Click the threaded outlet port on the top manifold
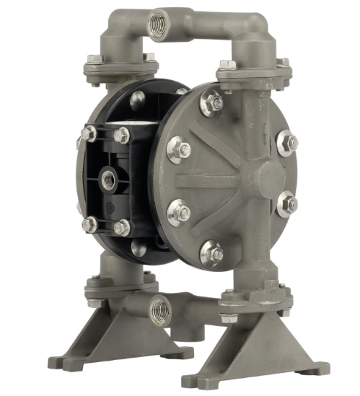click(x=158, y=25)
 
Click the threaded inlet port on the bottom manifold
click(x=159, y=309)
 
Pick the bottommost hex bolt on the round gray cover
click(x=211, y=252)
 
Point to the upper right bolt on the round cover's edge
click(x=286, y=141)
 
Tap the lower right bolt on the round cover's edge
click(x=286, y=205)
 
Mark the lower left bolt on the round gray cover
click(x=178, y=213)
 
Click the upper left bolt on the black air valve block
click(x=88, y=133)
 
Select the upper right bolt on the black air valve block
click(x=121, y=135)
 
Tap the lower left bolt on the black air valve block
click(x=89, y=224)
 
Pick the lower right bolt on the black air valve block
click(x=121, y=228)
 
